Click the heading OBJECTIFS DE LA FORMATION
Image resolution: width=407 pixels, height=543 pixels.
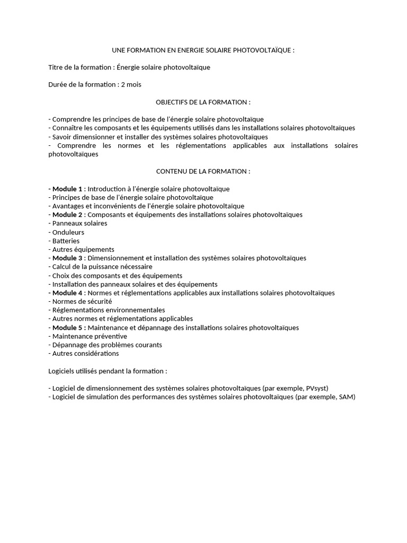coord(203,102)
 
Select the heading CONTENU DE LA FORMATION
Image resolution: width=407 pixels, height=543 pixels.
coord(203,171)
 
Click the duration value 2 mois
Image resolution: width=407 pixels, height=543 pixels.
coord(131,84)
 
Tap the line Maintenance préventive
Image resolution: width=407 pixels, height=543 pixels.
coord(90,336)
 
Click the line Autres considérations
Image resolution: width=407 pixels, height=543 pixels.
coord(85,353)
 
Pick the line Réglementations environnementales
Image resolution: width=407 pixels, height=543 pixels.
coord(109,310)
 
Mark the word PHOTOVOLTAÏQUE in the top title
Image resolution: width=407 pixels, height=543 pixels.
coord(262,50)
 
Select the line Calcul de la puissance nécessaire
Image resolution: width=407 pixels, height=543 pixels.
coord(102,267)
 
